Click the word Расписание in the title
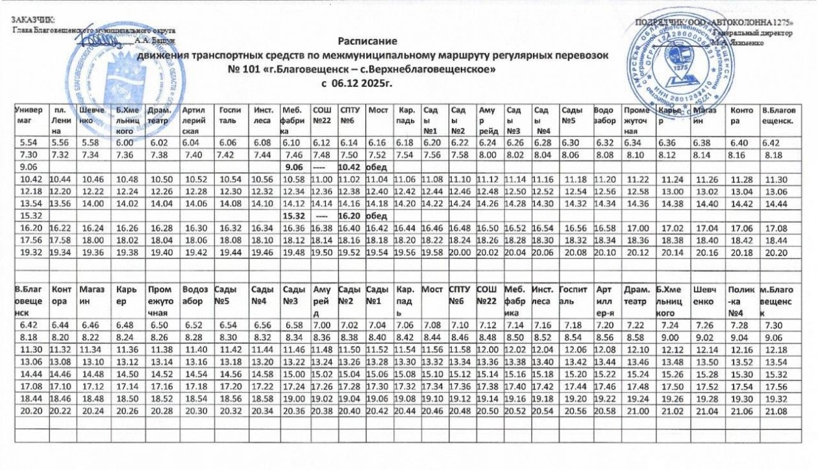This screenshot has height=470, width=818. pyautogui.click(x=373, y=41)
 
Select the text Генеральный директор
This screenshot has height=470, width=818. pyautogui.click(x=754, y=32)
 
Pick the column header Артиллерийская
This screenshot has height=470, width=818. pyautogui.click(x=195, y=116)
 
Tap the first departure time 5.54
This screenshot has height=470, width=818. pyautogui.click(x=29, y=142)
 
